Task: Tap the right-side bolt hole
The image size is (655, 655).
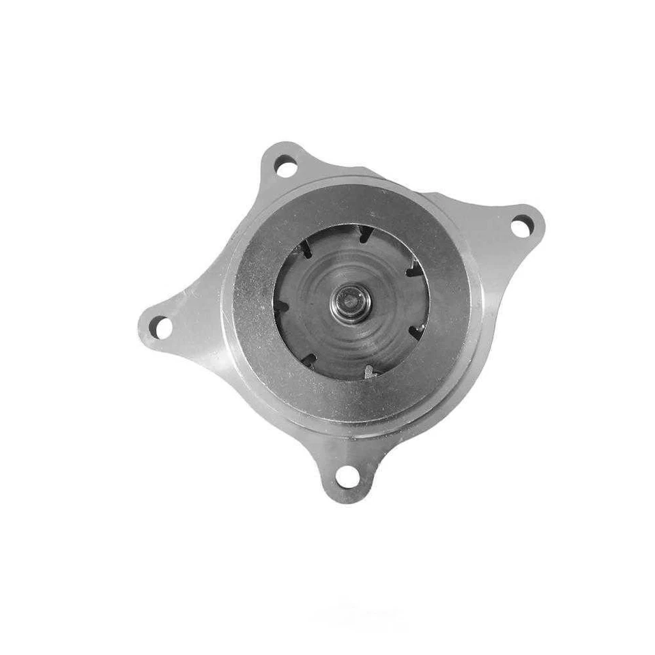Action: coord(521,226)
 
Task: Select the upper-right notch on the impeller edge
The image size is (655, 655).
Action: coord(411,271)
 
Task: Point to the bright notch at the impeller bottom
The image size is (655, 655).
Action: coord(369,372)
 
